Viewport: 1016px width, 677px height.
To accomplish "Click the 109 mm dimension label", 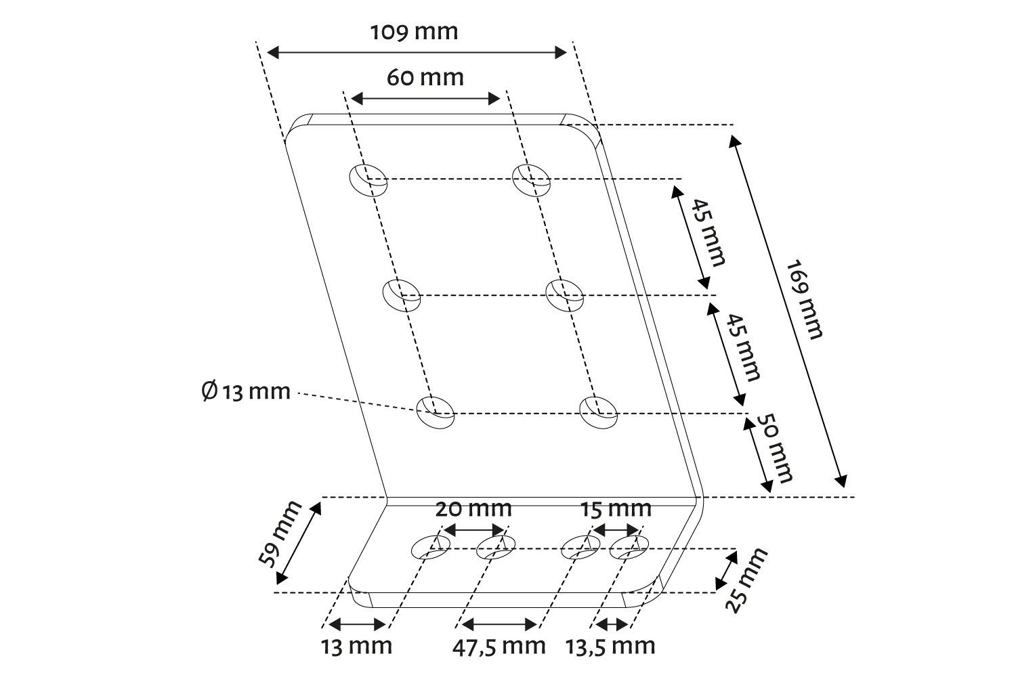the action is [414, 32].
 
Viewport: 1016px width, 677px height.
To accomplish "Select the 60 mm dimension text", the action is [425, 78].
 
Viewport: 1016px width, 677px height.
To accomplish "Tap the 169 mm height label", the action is [804, 299].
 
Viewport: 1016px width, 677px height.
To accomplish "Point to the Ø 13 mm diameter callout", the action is [245, 391].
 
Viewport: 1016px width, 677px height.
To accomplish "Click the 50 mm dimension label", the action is [775, 448].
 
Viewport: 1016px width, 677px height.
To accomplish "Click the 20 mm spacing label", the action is [473, 509].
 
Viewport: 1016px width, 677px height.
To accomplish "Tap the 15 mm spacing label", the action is [616, 509].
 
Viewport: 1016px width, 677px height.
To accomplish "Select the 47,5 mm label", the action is [499, 647].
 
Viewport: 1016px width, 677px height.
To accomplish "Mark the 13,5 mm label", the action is [610, 647].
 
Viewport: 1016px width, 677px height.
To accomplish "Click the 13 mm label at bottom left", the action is [356, 647].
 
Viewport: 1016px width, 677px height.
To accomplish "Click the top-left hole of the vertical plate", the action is [368, 181].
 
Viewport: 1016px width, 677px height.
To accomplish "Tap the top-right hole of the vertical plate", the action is [531, 181].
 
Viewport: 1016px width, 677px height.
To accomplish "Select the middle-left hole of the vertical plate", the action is [402, 295].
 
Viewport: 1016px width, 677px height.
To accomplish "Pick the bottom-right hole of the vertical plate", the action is [598, 412].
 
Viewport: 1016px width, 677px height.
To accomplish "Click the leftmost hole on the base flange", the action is [430, 547].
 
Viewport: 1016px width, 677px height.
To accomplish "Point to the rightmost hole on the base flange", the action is [629, 547].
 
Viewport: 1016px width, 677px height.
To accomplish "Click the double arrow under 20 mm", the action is [474, 529].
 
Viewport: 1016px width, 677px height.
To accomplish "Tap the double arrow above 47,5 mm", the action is [499, 624].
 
